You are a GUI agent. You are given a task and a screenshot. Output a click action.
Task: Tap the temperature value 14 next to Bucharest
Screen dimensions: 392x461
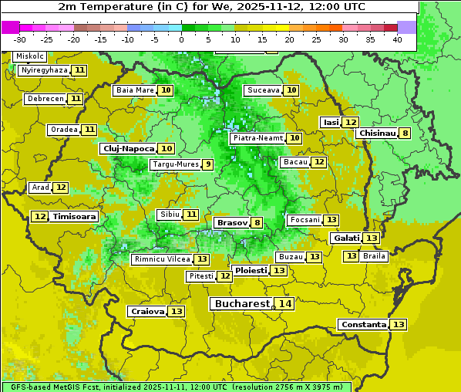tap(285, 304)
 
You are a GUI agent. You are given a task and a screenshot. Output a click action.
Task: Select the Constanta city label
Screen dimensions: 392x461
tap(363, 325)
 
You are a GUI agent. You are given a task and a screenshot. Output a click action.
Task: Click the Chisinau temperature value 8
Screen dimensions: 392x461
tap(405, 133)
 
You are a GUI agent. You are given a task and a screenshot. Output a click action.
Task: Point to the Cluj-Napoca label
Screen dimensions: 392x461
tap(128, 148)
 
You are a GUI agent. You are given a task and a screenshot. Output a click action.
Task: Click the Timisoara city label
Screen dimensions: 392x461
tap(75, 217)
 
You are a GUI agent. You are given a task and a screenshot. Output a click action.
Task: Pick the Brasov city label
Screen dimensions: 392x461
tap(232, 223)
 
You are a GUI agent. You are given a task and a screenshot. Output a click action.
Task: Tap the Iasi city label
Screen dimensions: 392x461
tap(331, 122)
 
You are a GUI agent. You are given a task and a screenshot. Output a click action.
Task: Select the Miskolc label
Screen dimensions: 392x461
tap(30, 56)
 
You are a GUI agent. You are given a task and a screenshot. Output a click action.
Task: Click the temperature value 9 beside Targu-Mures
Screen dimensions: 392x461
tap(207, 164)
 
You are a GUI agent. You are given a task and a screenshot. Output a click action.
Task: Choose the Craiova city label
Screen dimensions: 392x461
tap(147, 311)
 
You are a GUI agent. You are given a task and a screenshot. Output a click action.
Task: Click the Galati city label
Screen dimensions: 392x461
tap(345, 238)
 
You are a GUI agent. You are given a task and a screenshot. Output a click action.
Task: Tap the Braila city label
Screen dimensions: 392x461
tap(374, 255)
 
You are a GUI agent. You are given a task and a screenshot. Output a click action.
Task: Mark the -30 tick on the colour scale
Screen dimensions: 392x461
tap(20, 39)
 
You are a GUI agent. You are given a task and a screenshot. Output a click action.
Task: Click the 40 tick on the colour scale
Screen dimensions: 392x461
tap(397, 39)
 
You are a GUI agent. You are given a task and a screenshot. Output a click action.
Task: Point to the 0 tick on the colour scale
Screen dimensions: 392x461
tap(181, 39)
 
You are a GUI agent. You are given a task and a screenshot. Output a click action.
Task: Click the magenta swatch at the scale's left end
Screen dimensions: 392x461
tap(10, 27)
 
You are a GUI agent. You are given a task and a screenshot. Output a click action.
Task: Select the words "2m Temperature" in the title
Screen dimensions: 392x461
tap(99, 6)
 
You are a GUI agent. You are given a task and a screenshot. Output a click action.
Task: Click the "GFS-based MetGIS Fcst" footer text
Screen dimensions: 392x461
tap(54, 387)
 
